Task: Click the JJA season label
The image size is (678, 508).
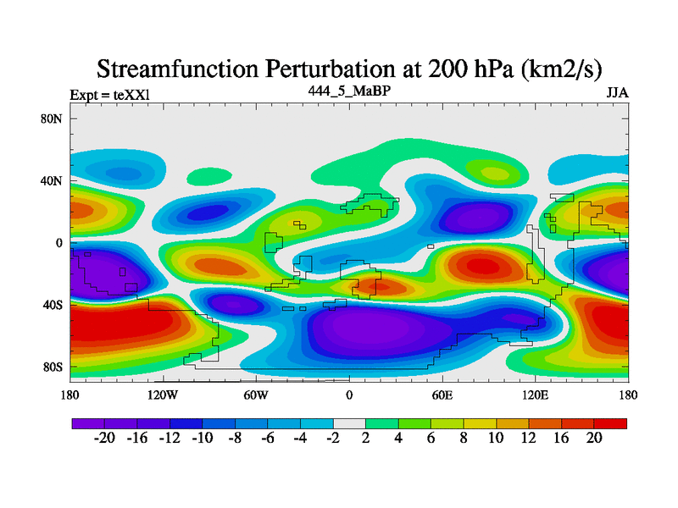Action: (x=617, y=93)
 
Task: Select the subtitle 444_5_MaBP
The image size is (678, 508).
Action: (x=349, y=91)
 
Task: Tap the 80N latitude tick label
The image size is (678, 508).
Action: (x=53, y=119)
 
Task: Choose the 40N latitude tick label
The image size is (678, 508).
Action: (x=53, y=180)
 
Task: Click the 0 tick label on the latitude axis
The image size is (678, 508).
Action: (x=59, y=243)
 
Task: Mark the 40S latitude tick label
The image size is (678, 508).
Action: (x=53, y=305)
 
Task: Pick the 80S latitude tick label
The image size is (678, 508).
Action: (x=53, y=367)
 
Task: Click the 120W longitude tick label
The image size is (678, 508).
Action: (x=163, y=395)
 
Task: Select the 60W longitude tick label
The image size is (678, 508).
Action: (x=256, y=395)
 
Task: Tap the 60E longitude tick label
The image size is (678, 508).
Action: (x=442, y=395)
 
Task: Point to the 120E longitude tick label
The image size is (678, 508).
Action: (x=536, y=395)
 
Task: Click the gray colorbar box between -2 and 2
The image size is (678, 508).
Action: (x=349, y=422)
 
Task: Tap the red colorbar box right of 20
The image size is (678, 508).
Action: (x=610, y=422)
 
